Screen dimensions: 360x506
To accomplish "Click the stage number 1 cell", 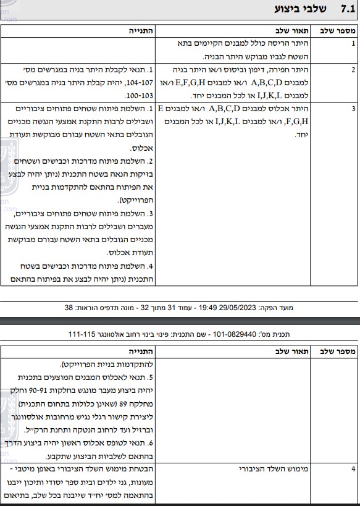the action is click(x=353, y=44).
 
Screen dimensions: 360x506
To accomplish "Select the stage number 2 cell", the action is click(x=353, y=69).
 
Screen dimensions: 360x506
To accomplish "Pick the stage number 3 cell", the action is click(x=353, y=109).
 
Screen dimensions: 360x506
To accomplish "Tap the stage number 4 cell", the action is click(x=353, y=469).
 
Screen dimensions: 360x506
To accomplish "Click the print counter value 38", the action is click(x=68, y=307).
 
